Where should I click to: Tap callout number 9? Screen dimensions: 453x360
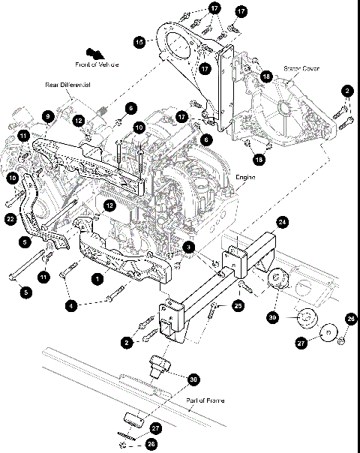point(48,116)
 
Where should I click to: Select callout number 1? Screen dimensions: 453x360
point(96,277)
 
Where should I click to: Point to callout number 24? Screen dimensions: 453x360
point(282,222)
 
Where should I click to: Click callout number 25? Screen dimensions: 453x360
point(238,307)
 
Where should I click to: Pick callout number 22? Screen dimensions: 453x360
point(10,218)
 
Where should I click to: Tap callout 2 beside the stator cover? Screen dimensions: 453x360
point(346,90)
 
